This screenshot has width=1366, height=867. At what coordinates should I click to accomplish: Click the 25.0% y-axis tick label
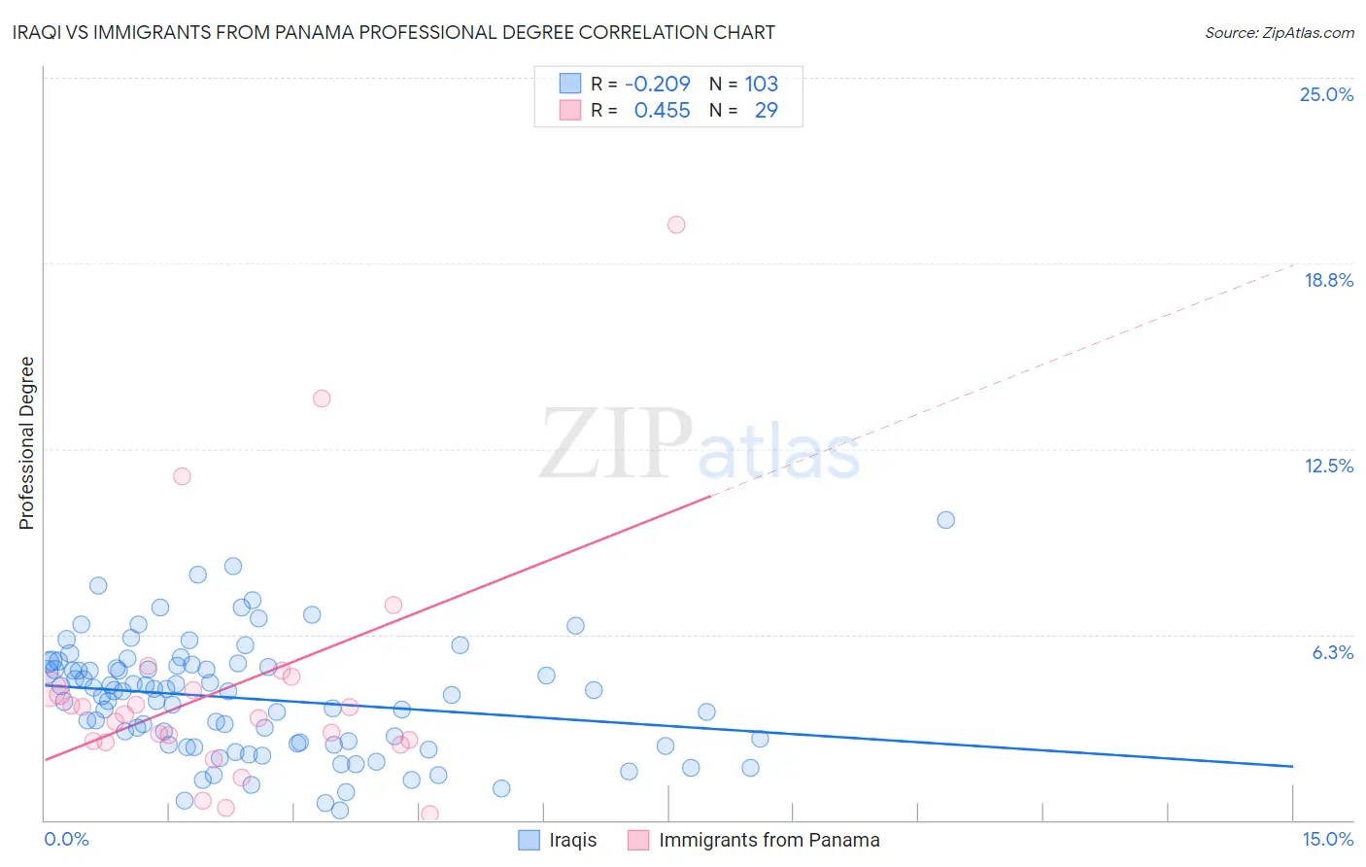coord(1326,94)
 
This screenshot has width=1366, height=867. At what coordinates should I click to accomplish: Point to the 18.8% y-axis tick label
coord(1328,280)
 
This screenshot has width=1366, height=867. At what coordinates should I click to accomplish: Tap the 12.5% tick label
coord(1328,466)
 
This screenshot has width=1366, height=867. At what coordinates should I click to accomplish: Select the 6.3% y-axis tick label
coord(1332,652)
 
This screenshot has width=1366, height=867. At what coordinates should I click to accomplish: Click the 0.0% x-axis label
coord(66,839)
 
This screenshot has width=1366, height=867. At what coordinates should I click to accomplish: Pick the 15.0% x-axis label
coord(1327,839)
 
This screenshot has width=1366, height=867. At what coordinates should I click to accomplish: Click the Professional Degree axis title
coord(26,443)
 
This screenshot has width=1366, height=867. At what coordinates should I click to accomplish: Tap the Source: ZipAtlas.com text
coord(1279,32)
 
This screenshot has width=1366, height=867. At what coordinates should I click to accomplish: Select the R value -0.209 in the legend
coord(657,84)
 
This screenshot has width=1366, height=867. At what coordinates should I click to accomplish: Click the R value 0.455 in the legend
coord(662,111)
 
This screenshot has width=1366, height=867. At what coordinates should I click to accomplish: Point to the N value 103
coord(761,84)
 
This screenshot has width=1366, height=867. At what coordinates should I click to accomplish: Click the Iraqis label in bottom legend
coord(572,840)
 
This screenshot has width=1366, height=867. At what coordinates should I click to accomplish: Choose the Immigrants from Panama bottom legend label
coord(768,840)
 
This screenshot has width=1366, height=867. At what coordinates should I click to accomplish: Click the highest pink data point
coord(676,225)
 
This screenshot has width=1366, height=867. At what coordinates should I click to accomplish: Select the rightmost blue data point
coord(945,520)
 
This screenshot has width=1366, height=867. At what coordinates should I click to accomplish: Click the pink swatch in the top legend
coord(570,111)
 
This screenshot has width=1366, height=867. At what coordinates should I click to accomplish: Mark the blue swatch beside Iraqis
coord(529,840)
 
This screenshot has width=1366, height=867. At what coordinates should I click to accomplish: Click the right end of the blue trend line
coord(1292,766)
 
